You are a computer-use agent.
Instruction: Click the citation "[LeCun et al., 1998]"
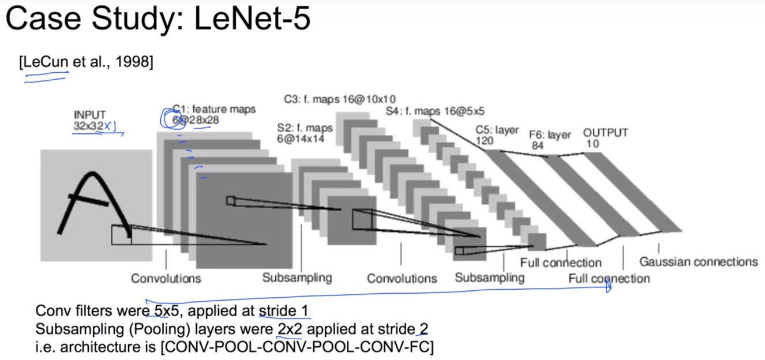tap(86, 62)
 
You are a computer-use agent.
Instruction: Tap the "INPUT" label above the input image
tap(90, 114)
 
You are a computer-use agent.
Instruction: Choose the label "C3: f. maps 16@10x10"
tap(339, 99)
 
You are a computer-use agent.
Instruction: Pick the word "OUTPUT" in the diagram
tap(605, 133)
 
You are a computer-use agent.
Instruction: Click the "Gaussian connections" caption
tap(698, 262)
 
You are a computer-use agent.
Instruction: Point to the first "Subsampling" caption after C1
tap(297, 277)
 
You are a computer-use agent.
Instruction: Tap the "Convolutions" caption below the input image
tap(166, 279)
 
